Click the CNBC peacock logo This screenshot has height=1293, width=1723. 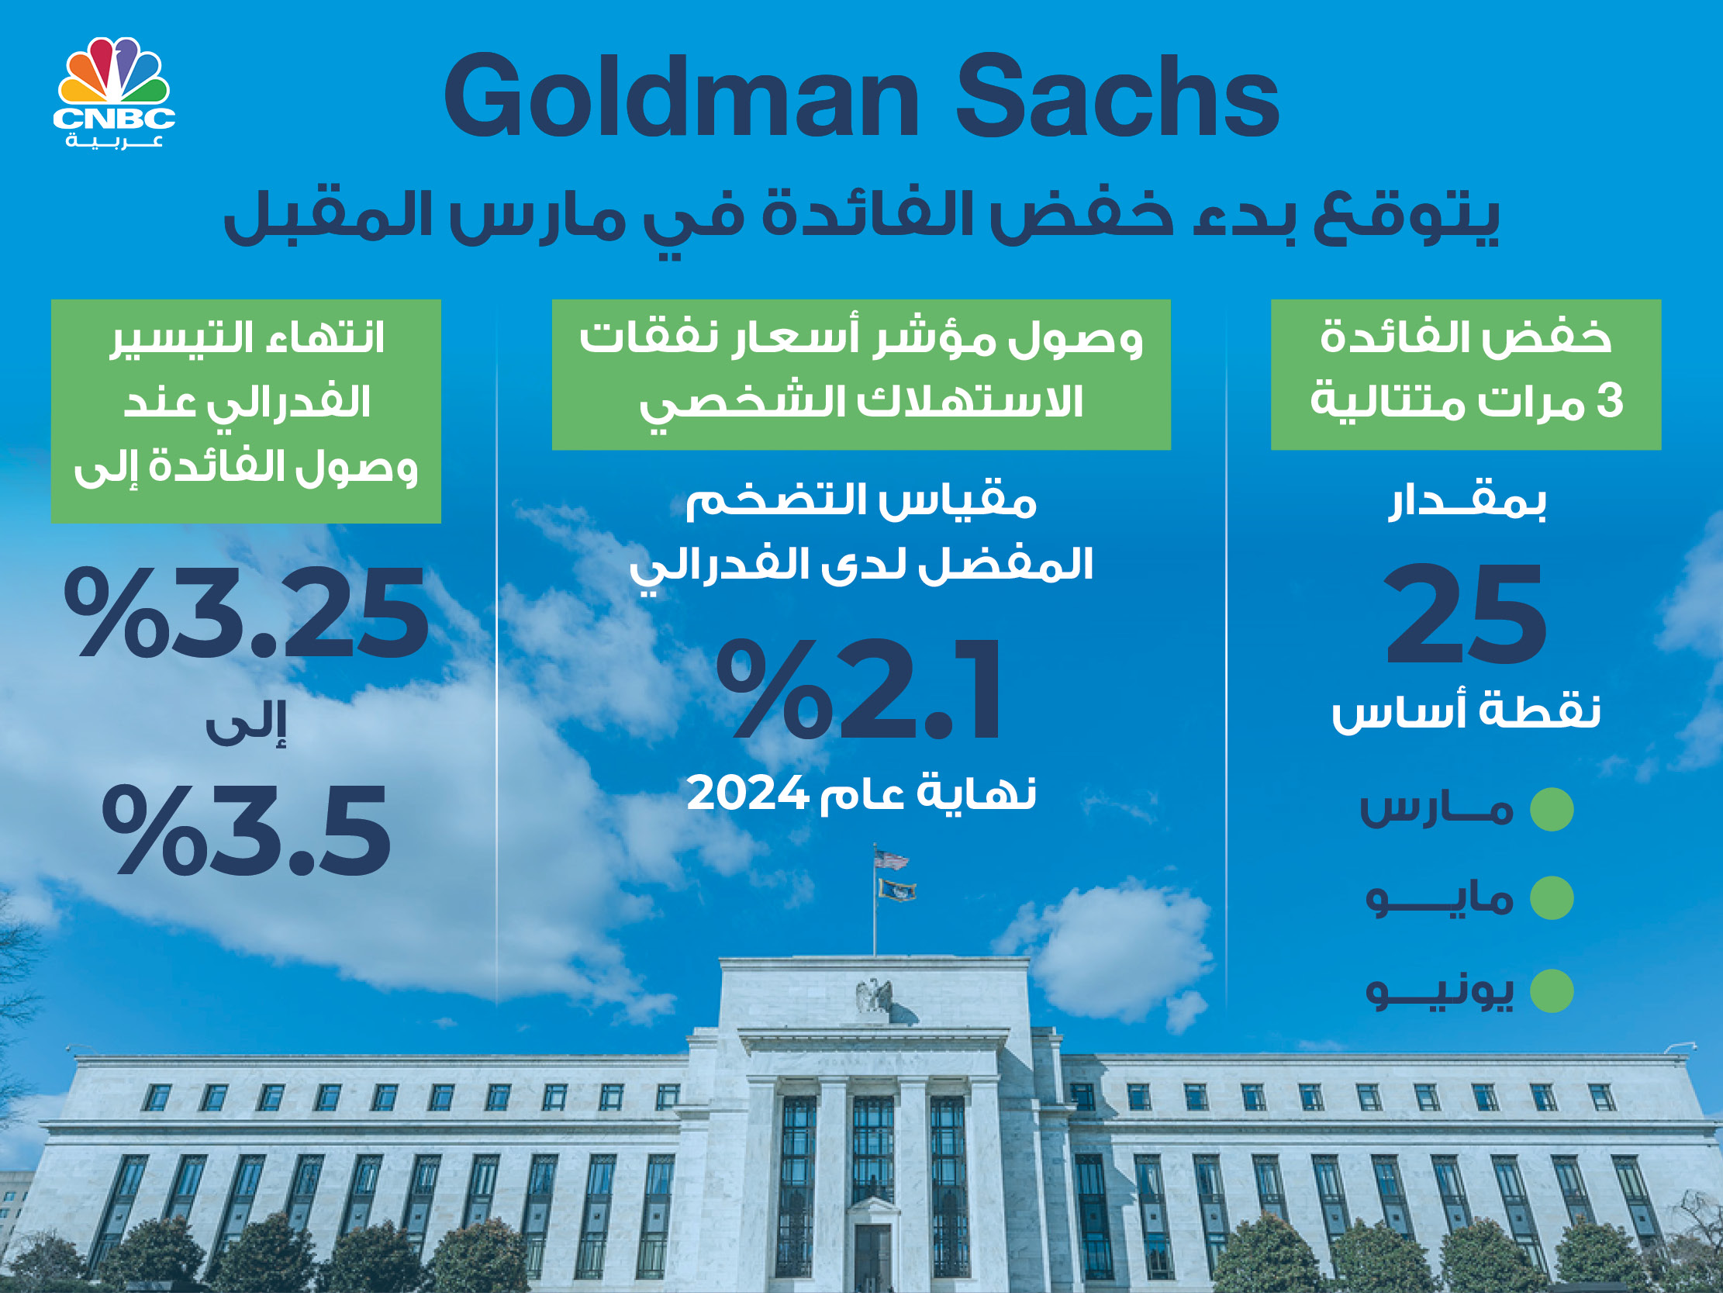click(115, 93)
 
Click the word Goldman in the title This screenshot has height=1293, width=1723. click(682, 98)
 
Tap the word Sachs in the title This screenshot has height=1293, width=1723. click(1117, 98)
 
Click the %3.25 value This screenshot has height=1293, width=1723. click(246, 614)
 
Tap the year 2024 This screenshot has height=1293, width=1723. click(747, 793)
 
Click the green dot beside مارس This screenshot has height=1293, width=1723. click(1552, 809)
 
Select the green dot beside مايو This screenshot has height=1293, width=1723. click(1552, 898)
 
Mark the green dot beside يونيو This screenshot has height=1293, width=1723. click(1552, 990)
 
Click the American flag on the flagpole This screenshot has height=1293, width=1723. click(891, 859)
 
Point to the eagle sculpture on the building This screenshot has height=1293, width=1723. click(873, 996)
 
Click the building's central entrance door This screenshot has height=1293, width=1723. click(872, 1250)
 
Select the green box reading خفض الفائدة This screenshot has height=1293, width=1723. click(1466, 374)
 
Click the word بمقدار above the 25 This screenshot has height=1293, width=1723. click(1468, 502)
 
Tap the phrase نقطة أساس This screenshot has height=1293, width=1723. click(1466, 710)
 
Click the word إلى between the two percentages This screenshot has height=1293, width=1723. click(245, 724)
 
